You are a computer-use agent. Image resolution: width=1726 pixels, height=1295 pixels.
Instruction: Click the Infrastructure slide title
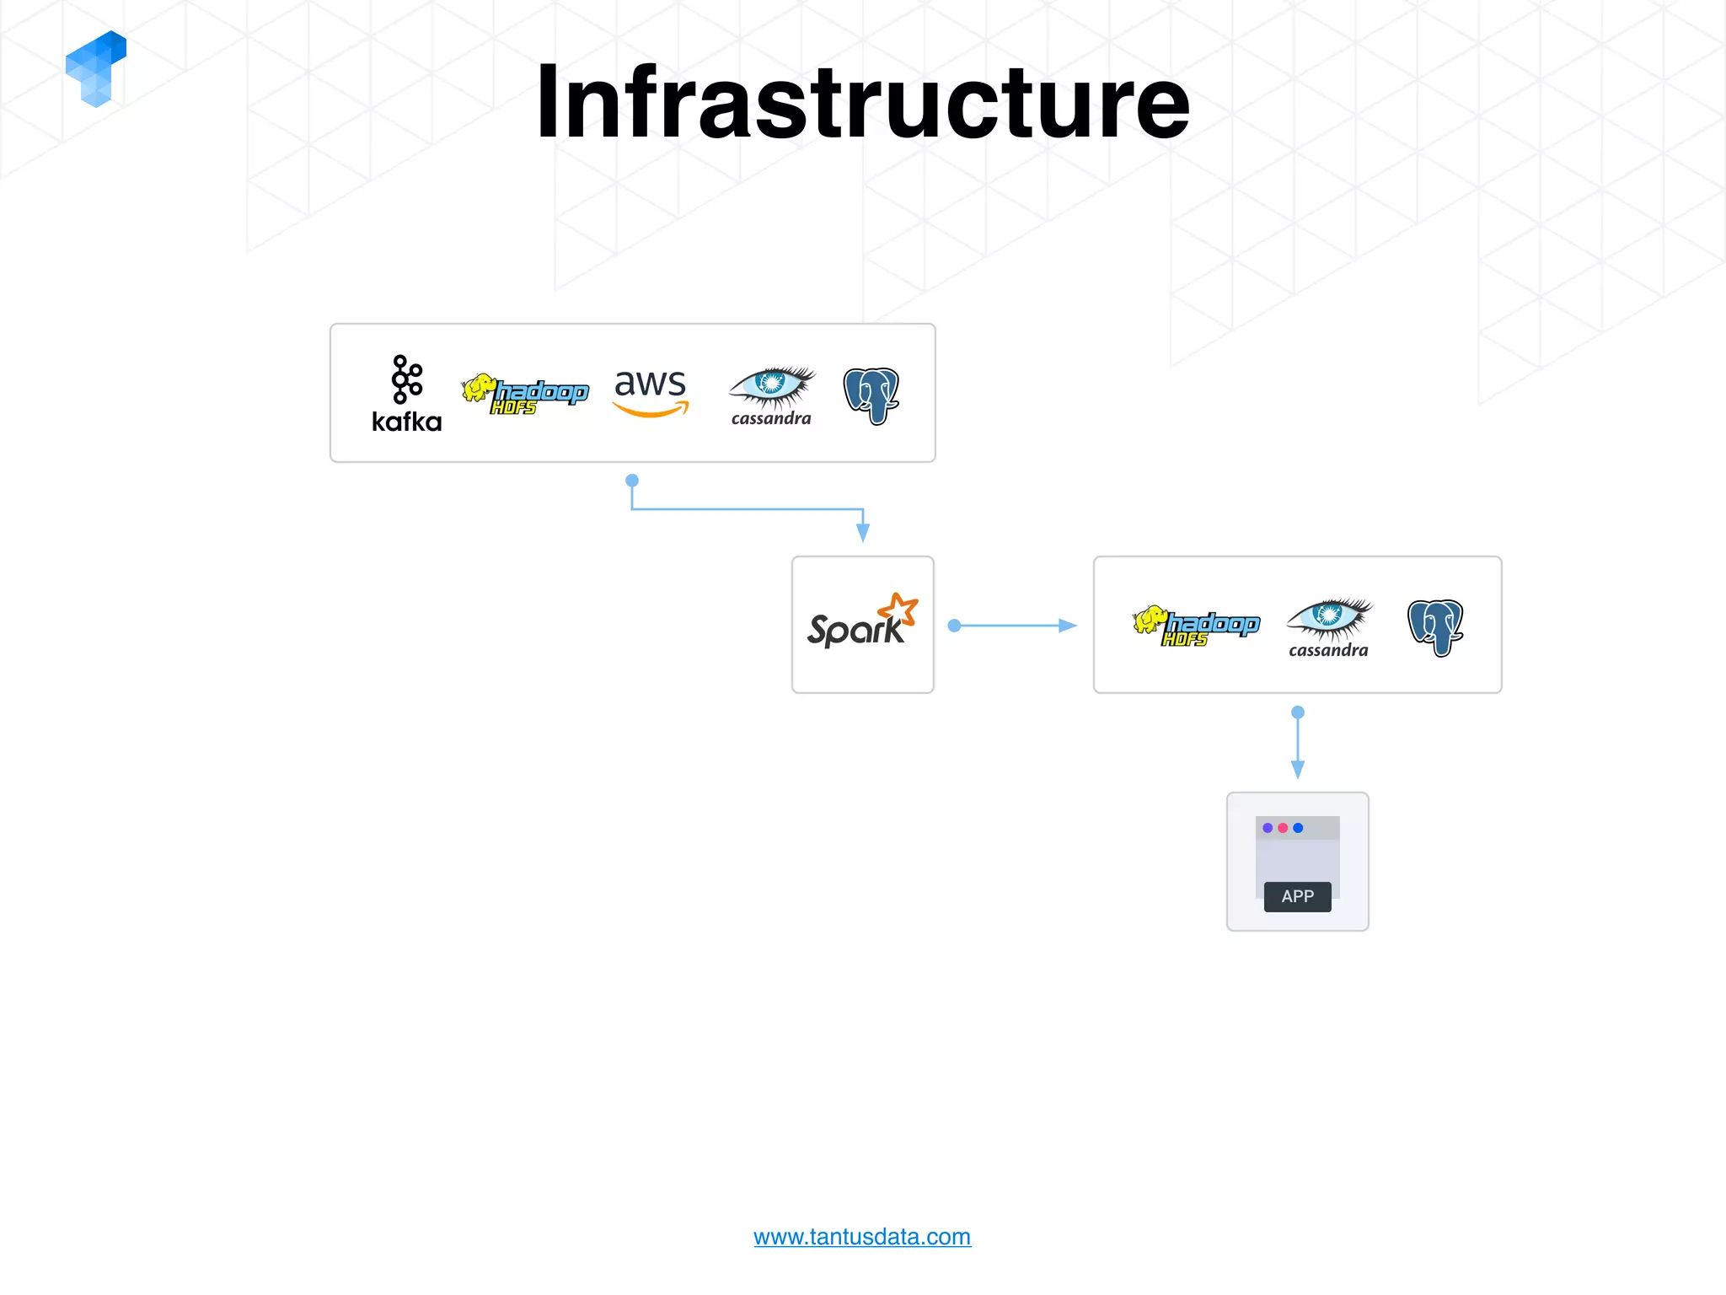coord(863,103)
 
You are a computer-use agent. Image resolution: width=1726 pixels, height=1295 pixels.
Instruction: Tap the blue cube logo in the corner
coord(95,69)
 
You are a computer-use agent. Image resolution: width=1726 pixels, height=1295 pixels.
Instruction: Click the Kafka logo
coord(407,394)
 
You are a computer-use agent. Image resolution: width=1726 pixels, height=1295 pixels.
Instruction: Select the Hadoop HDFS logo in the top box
coord(524,394)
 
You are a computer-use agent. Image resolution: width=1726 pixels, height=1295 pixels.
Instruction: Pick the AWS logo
coord(650,392)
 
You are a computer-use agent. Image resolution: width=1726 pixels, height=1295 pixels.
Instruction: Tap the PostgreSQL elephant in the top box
coord(871,395)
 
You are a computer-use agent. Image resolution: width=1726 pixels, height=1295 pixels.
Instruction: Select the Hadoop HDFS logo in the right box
coord(1196,626)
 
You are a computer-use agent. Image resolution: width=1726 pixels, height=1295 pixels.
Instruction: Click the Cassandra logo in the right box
coord(1328,627)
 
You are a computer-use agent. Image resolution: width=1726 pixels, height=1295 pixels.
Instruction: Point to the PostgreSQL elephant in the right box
coord(1435,626)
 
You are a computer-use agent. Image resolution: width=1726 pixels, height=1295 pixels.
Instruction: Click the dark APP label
coord(1297,896)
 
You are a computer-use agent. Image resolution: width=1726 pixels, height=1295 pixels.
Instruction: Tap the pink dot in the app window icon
coord(1283,828)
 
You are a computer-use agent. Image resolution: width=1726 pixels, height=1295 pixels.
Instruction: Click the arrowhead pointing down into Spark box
coord(863,532)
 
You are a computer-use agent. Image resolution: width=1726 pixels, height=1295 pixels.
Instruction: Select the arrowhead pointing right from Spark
coord(1067,626)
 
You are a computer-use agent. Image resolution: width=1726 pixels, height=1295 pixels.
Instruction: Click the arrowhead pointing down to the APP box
coord(1298,769)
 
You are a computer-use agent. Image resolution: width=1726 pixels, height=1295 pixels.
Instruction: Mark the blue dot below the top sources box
coord(632,481)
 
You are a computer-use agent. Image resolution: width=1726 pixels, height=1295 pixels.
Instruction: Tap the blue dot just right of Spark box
coord(954,626)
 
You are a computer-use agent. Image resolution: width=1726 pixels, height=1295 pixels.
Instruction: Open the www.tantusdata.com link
coord(861,1237)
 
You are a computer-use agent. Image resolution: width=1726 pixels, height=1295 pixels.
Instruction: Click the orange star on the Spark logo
coord(898,609)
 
